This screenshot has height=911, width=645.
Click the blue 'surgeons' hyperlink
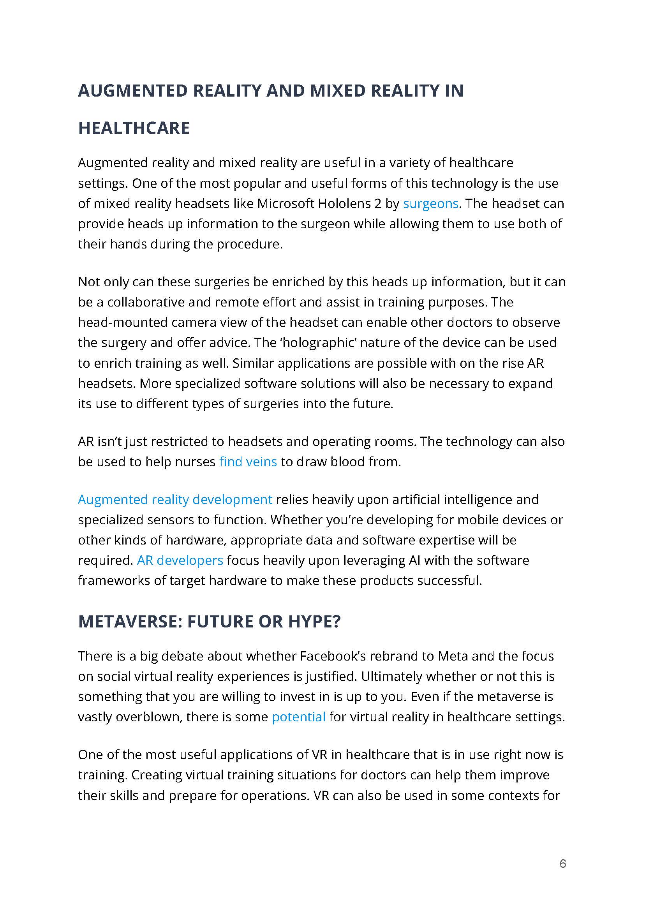click(430, 203)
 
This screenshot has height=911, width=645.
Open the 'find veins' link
click(248, 462)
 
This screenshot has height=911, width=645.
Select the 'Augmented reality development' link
click(175, 499)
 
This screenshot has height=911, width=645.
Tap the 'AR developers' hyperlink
click(180, 560)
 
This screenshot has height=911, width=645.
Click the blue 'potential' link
click(298, 717)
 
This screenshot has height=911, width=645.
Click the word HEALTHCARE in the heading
click(134, 128)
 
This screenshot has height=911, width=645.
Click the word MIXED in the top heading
click(337, 91)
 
